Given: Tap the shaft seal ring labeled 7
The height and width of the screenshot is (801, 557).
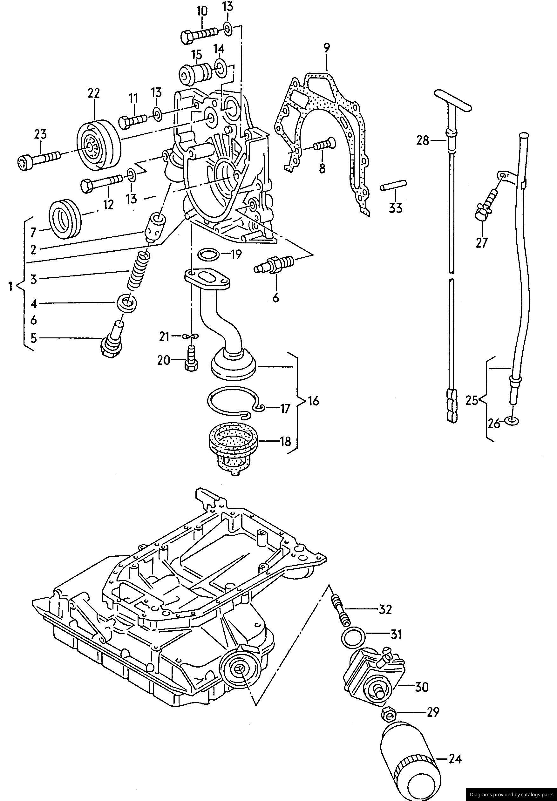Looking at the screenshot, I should (66, 219).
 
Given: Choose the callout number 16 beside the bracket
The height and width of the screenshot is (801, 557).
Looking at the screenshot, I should (313, 401).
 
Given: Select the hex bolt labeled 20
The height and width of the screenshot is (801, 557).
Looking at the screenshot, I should (191, 359).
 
